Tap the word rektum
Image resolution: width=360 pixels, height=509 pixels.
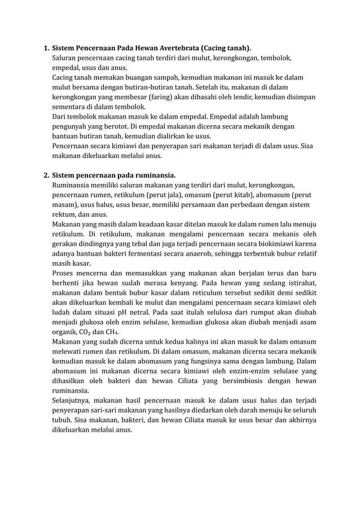pos(65,213)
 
